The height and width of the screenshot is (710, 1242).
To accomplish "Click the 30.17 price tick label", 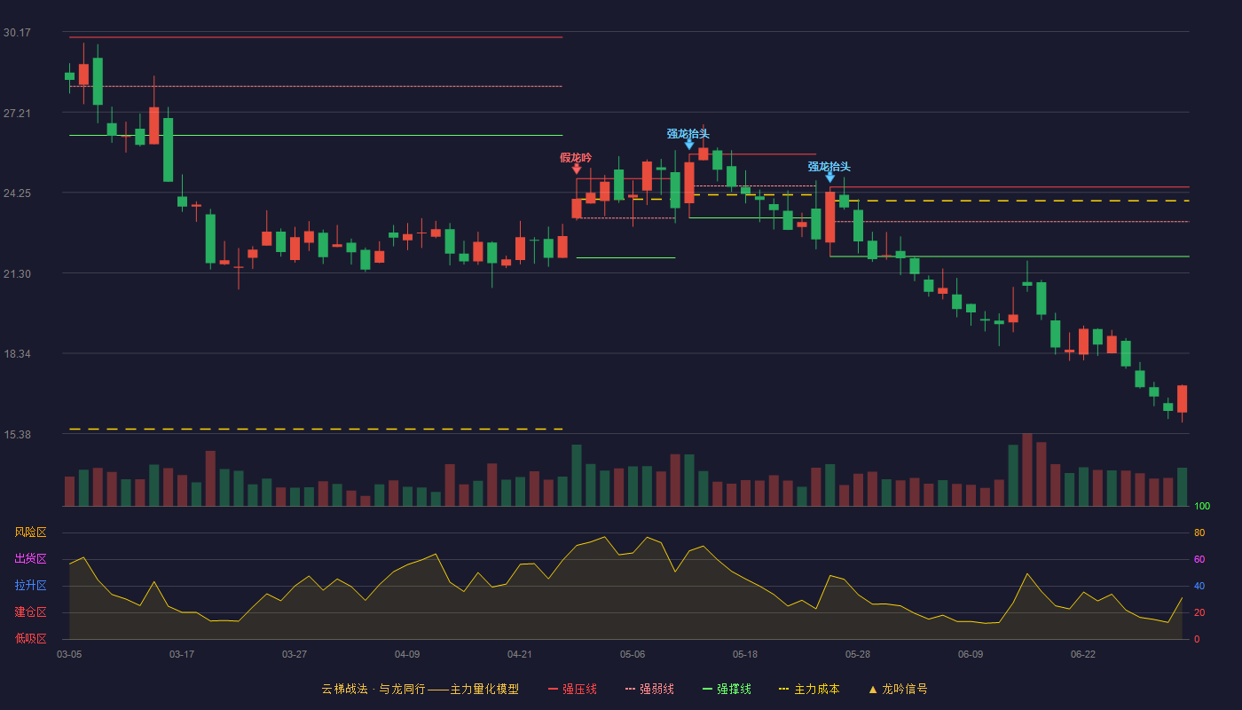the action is [17, 33].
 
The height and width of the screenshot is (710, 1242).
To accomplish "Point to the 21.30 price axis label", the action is [17, 274].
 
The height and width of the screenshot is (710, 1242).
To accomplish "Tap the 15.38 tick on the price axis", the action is [17, 435].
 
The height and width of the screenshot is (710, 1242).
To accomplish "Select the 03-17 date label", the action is [182, 655].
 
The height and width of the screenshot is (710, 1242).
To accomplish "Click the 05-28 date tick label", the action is [858, 655].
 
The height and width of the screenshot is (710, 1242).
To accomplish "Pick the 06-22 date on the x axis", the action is [1083, 655].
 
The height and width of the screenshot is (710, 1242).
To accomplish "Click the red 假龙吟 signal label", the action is [576, 158].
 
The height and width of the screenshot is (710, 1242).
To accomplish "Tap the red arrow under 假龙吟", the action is [577, 170].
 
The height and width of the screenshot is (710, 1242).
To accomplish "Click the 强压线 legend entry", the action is [572, 689].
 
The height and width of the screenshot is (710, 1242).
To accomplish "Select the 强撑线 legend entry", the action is [727, 689].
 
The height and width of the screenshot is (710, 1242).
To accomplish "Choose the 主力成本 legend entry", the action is [809, 689].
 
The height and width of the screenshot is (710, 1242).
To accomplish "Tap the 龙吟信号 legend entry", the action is [898, 689].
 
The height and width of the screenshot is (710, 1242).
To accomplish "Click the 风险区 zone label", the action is [30, 532].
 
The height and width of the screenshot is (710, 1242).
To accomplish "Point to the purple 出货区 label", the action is [30, 558].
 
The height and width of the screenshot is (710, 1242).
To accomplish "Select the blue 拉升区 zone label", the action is [30, 585].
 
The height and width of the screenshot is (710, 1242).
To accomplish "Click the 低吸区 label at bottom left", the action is [30, 638].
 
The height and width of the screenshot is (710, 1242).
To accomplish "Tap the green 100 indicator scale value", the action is [1202, 506].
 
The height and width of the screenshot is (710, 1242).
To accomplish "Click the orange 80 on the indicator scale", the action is [1199, 532].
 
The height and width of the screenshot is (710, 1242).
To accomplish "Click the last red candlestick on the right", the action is [1182, 398].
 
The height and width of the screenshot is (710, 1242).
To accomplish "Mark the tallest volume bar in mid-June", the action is [1027, 469].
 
